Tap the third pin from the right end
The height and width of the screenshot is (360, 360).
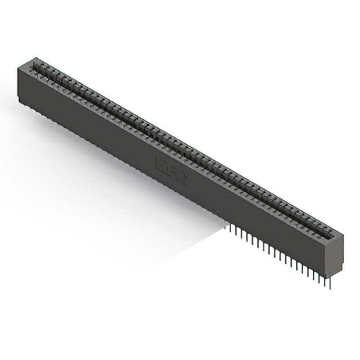tap(317, 277)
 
